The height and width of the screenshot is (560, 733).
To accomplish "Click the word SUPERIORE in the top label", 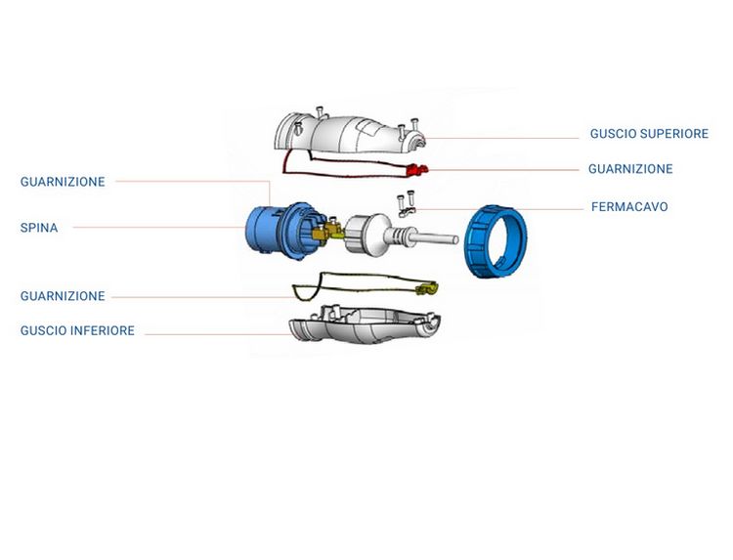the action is (674, 134).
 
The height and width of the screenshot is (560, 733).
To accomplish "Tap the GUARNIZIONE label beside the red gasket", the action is (630, 169).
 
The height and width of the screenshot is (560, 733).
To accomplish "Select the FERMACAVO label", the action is (629, 206).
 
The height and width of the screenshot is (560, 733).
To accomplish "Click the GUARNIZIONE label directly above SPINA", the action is (63, 182).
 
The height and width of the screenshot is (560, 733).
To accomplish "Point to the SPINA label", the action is (39, 228).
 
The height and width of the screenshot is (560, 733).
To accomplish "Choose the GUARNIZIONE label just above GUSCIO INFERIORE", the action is (63, 296).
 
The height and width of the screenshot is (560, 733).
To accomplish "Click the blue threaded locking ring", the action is (496, 241).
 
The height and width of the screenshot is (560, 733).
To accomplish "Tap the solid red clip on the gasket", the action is (417, 170).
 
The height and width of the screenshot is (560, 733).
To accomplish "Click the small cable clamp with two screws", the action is (407, 204).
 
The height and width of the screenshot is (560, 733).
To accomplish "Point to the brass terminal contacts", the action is (328, 230).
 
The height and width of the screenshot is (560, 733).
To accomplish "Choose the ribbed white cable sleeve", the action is (400, 234).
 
